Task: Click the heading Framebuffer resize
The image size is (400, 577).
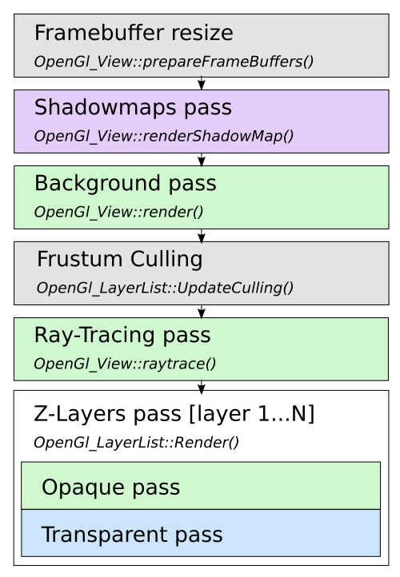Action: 134,33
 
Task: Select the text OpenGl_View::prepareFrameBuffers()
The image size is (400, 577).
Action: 174,62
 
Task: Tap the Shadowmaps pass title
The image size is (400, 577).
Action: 133,108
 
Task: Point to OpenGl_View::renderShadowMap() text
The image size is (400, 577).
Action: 163,136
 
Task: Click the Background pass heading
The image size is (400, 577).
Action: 126,184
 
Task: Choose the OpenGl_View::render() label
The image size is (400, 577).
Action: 118,212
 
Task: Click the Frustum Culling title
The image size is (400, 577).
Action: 120,260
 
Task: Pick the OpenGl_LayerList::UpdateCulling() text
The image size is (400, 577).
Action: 165,288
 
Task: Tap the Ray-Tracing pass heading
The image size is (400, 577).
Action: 122,336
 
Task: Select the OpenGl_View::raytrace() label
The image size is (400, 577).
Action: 125,364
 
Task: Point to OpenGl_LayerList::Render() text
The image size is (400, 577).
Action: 136,442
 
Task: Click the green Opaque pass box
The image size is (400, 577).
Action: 201,486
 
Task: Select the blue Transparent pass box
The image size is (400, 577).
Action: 201,533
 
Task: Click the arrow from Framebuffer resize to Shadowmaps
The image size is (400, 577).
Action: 201,83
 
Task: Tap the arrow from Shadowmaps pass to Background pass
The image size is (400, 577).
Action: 201,159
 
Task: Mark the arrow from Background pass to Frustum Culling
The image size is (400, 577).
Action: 201,236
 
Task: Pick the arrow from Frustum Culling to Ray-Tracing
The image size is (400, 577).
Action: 201,312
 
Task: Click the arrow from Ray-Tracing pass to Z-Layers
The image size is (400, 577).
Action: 201,387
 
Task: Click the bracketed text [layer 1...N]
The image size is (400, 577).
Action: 251,414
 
